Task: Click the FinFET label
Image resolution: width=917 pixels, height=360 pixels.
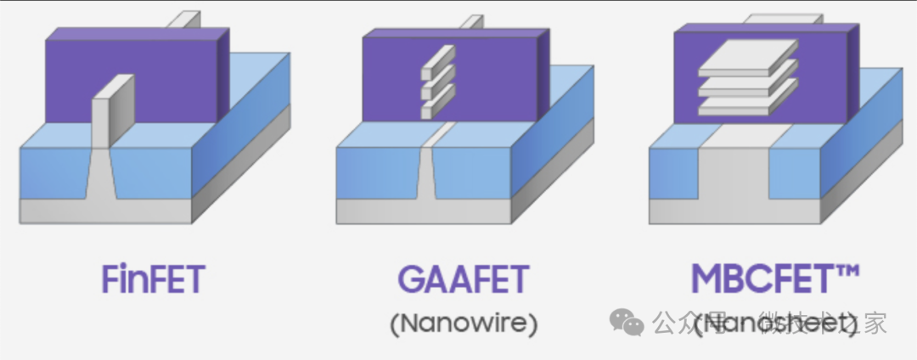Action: [153, 279]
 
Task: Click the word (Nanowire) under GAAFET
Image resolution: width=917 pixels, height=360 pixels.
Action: [464, 323]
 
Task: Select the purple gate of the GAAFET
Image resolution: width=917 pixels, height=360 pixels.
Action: [492, 85]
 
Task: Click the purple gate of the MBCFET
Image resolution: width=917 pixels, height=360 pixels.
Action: [815, 93]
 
